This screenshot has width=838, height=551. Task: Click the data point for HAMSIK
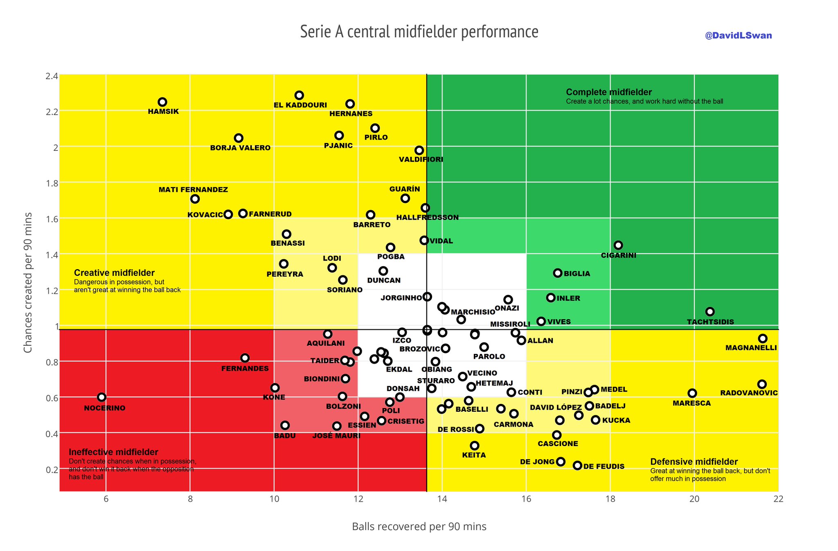click(x=162, y=102)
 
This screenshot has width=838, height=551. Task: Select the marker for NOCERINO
click(x=102, y=397)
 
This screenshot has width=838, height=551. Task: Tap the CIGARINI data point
click(x=618, y=245)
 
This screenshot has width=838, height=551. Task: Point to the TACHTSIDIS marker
click(x=710, y=312)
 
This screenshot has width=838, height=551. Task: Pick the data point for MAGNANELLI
click(x=763, y=338)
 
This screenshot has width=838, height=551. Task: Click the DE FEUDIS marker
click(x=577, y=465)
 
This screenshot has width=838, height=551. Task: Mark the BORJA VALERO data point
click(x=239, y=138)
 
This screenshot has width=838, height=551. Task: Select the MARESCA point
click(x=692, y=393)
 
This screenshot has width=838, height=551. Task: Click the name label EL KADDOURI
click(x=300, y=105)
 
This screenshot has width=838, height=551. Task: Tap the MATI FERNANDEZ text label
click(x=193, y=190)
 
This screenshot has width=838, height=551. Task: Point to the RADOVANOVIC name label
click(x=749, y=393)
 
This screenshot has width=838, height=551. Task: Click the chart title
click(x=419, y=32)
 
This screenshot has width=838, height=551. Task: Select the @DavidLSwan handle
click(x=738, y=36)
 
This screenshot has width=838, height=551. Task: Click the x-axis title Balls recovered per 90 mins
click(x=419, y=526)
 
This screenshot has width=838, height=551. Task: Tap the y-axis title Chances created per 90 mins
click(x=28, y=283)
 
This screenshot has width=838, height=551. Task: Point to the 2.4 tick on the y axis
click(x=52, y=76)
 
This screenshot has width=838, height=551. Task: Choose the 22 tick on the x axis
click(x=778, y=499)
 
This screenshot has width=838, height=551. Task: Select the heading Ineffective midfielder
click(x=113, y=452)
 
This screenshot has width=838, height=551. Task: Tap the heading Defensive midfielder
click(x=694, y=462)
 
